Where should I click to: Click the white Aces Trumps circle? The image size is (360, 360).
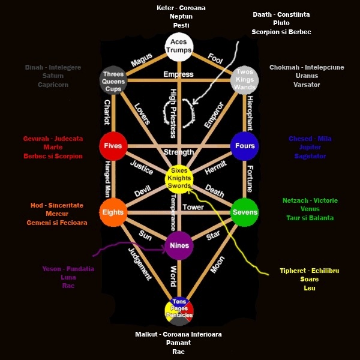[179, 46]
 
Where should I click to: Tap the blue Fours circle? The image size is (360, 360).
[245, 146]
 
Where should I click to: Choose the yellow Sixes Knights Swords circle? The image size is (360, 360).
[179, 178]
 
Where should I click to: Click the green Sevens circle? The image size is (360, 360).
[245, 212]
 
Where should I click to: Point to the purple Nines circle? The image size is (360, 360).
[179, 245]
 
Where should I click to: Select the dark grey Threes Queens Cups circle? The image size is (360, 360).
[113, 80]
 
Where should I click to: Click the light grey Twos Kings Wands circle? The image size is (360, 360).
[244, 80]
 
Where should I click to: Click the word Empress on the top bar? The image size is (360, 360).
[178, 74]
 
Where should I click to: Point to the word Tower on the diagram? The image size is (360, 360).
[193, 207]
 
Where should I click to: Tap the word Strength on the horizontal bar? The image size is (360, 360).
[179, 152]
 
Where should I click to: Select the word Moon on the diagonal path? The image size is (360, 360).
[217, 265]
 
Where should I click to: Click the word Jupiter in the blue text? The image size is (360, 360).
[310, 147]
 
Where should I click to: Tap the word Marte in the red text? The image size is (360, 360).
[53, 147]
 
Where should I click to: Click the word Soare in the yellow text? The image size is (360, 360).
[310, 279]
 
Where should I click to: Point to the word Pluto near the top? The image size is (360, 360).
[281, 23]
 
